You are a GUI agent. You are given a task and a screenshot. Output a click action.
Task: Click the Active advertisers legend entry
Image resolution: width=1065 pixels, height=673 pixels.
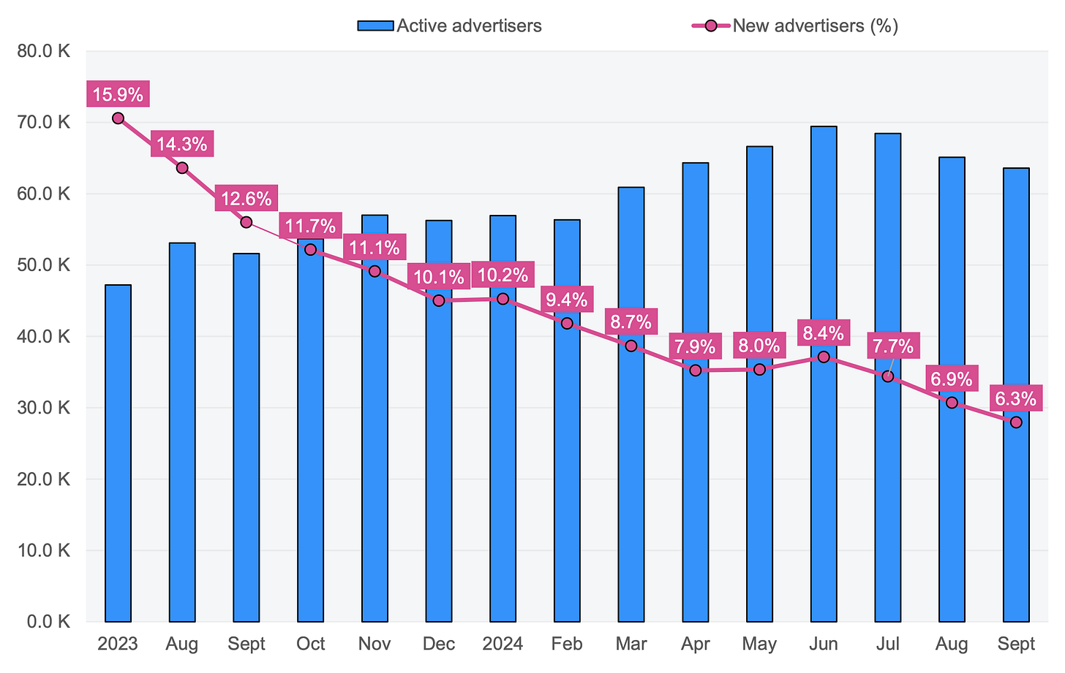[449, 26]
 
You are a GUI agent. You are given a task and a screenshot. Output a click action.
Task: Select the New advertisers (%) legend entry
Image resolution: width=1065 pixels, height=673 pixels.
[795, 26]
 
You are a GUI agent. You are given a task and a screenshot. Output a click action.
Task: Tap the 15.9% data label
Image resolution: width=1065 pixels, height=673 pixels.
[118, 94]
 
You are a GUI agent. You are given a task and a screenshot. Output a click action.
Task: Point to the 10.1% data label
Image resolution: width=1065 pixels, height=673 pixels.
[438, 277]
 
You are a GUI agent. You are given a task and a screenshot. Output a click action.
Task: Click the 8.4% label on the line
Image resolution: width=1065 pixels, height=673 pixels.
[824, 334]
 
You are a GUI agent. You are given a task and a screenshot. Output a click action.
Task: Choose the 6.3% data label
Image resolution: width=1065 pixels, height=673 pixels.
[1015, 399]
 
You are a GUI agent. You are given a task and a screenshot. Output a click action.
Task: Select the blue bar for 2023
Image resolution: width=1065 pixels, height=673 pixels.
[118, 453]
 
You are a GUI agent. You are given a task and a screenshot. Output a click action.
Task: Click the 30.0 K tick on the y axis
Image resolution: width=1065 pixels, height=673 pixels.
[46, 408]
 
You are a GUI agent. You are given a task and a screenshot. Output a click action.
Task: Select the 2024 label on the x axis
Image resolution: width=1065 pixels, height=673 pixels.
[503, 644]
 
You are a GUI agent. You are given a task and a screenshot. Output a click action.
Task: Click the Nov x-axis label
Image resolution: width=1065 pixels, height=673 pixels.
[375, 644]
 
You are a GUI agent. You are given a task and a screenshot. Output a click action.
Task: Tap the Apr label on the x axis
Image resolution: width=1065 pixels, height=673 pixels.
[695, 644]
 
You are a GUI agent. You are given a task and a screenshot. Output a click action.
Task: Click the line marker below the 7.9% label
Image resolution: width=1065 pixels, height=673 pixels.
[695, 370]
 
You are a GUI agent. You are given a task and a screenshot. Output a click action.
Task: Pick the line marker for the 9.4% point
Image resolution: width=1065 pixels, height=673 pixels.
[567, 323]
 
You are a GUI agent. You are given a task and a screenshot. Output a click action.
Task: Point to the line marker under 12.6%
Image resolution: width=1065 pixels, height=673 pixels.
[247, 222]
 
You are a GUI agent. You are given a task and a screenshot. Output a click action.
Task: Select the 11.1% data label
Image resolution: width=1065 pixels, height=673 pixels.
[375, 247]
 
